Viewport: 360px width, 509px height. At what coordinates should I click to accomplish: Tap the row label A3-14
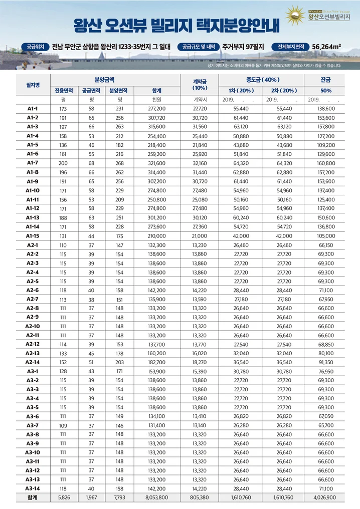click(x=33, y=488)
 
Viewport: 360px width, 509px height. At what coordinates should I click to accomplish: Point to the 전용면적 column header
click(x=64, y=91)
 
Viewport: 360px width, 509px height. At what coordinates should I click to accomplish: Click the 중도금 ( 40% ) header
click(x=263, y=80)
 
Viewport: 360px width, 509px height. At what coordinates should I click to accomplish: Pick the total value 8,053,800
click(x=156, y=497)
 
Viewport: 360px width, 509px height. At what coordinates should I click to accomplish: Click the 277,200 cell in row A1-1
click(x=156, y=109)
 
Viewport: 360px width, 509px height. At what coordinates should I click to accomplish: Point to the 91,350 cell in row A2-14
click(x=326, y=362)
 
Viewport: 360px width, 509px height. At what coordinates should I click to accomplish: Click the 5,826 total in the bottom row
click(x=64, y=497)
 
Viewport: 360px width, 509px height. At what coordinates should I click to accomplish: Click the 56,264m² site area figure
click(x=326, y=47)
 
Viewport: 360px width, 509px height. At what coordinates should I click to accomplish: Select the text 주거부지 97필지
click(x=244, y=47)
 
